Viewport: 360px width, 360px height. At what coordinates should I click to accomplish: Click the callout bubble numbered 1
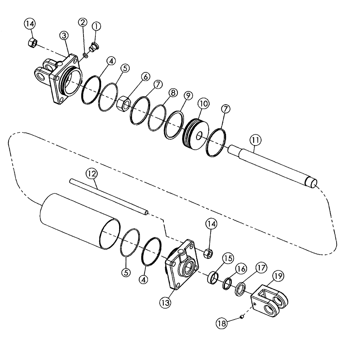pos(96,26)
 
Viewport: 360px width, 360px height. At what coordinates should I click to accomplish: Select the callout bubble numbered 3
pos(64,35)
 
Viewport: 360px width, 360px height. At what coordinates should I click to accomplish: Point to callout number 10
pos(203,104)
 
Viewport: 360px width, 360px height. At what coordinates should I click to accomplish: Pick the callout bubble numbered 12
pos(91,174)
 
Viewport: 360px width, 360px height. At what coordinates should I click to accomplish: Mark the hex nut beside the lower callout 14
pos(208,253)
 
